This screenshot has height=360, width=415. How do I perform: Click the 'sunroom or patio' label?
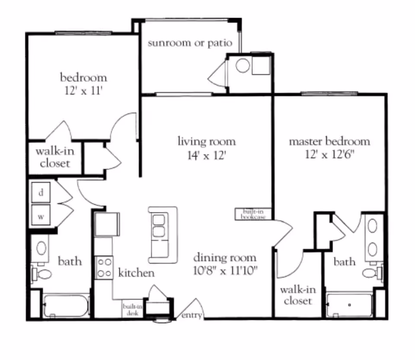click(x=190, y=43)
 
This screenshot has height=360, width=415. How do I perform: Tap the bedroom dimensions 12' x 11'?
click(x=83, y=92)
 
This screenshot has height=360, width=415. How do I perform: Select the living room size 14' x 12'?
click(x=206, y=155)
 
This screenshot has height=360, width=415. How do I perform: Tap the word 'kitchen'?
click(x=136, y=273)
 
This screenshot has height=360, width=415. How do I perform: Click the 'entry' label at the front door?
click(x=192, y=315)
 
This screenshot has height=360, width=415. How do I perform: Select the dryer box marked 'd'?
click(x=41, y=193)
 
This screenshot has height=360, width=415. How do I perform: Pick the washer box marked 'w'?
click(x=41, y=216)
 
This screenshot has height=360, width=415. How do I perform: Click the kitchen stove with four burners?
click(x=104, y=267)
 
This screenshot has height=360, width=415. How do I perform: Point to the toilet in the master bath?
click(x=370, y=273)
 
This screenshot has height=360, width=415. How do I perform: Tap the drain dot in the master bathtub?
click(x=349, y=305)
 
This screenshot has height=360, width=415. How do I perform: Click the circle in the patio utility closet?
click(x=243, y=66)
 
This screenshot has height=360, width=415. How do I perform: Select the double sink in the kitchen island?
click(x=159, y=225)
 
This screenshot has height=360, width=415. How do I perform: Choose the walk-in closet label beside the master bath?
click(x=297, y=296)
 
